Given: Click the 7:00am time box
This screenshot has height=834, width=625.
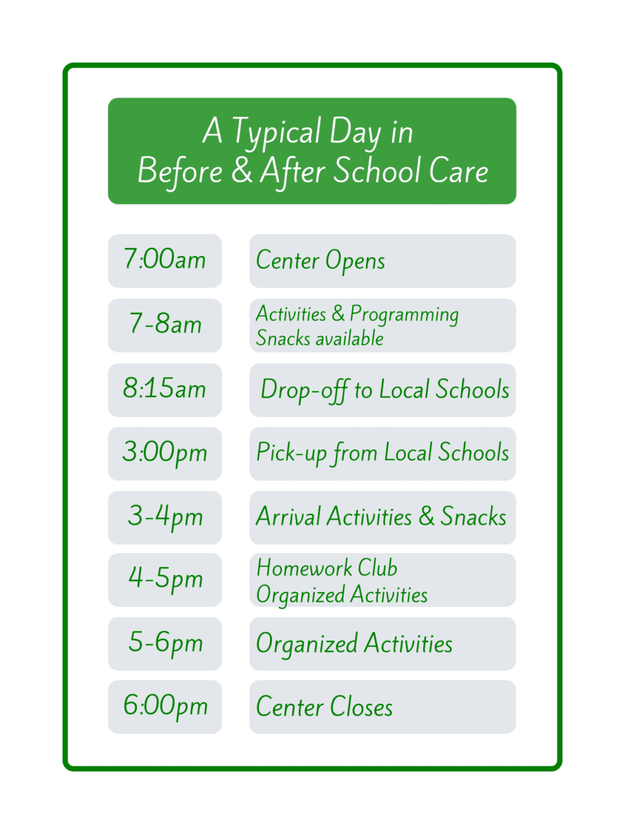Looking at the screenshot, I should tap(165, 260).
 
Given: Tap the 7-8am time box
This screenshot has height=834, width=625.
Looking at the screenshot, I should tap(165, 325).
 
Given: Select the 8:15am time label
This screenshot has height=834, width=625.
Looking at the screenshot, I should tap(165, 389).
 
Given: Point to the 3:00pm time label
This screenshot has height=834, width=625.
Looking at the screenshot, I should tap(165, 453).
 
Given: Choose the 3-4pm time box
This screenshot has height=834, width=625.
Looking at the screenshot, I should tap(165, 517).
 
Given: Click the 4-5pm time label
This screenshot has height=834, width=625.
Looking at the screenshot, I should tap(165, 579).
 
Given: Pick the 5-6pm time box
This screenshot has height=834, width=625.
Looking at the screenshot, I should tap(165, 643).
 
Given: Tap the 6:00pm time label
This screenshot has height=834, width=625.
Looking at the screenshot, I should tap(165, 706).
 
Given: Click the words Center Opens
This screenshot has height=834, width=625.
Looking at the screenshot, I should tap(320, 261).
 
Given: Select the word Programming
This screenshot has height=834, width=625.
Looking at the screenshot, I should tap(404, 315).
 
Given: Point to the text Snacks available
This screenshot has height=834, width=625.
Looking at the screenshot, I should tap(320, 338).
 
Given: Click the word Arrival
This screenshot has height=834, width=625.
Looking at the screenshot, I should tap(289, 517).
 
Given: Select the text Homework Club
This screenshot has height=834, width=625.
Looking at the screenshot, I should tap(327, 567).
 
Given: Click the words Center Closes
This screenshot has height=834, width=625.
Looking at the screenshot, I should tap(324, 707).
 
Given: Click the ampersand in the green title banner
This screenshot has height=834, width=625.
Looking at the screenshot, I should tap(242, 171).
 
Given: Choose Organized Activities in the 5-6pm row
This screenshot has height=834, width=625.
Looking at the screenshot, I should tap(354, 644).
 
